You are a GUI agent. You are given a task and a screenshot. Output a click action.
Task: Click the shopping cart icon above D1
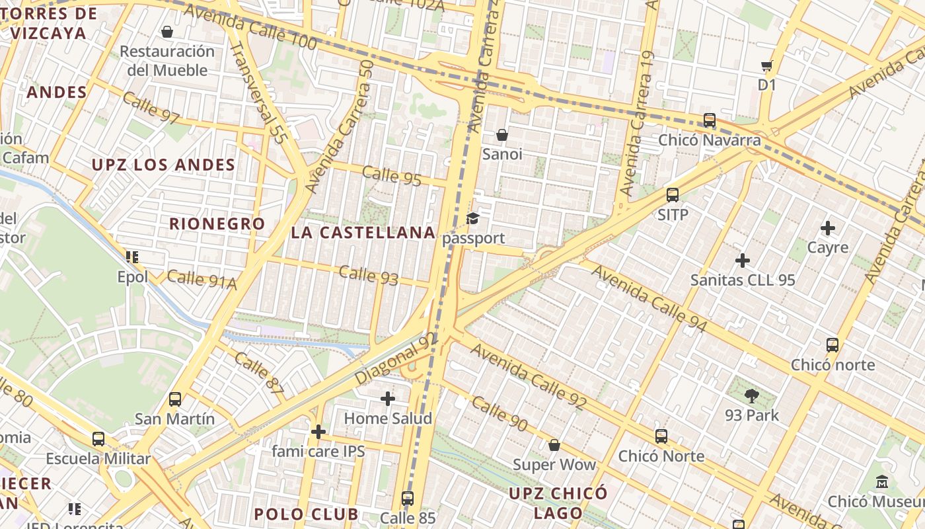click(x=766, y=65)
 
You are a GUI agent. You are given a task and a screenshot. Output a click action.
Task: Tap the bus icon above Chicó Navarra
click(x=710, y=120)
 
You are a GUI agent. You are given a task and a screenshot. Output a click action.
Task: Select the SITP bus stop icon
click(x=673, y=195)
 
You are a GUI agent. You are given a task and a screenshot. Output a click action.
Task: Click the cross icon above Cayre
click(x=827, y=229)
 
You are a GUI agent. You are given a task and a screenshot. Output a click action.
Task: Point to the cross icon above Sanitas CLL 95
click(x=743, y=261)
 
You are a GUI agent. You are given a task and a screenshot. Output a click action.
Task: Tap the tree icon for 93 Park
click(x=751, y=396)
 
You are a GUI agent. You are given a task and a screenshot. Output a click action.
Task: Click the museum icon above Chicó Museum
click(x=882, y=482)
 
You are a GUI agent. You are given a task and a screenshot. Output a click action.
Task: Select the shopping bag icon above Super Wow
click(x=554, y=445)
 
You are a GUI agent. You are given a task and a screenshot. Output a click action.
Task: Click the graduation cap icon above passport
click(x=473, y=219)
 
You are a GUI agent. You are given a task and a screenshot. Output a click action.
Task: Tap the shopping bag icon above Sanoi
click(x=502, y=135)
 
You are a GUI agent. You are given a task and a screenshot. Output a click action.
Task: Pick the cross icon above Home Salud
click(x=388, y=399)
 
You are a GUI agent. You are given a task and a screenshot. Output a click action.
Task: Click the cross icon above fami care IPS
click(x=318, y=432)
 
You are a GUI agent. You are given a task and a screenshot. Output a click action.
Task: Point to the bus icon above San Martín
click(x=175, y=399)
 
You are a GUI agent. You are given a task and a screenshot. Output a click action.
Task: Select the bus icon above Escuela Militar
click(x=98, y=439)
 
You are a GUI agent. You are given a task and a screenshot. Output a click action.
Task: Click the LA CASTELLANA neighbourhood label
click(x=363, y=233)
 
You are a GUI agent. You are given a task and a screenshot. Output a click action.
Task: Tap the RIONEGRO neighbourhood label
click(x=217, y=224)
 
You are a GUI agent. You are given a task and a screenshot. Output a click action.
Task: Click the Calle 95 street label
click(x=392, y=176)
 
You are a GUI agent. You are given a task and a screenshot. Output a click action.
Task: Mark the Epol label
click(x=133, y=277)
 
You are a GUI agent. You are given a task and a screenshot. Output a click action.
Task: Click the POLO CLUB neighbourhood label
click(x=306, y=514)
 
